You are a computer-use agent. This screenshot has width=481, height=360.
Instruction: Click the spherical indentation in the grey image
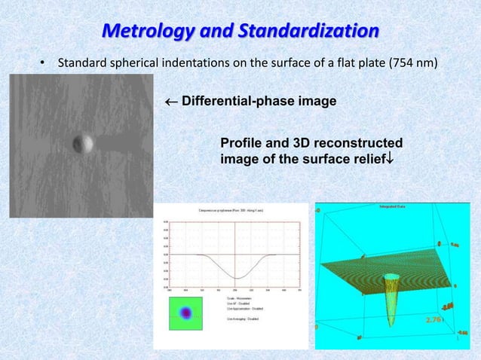pos(81,142)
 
